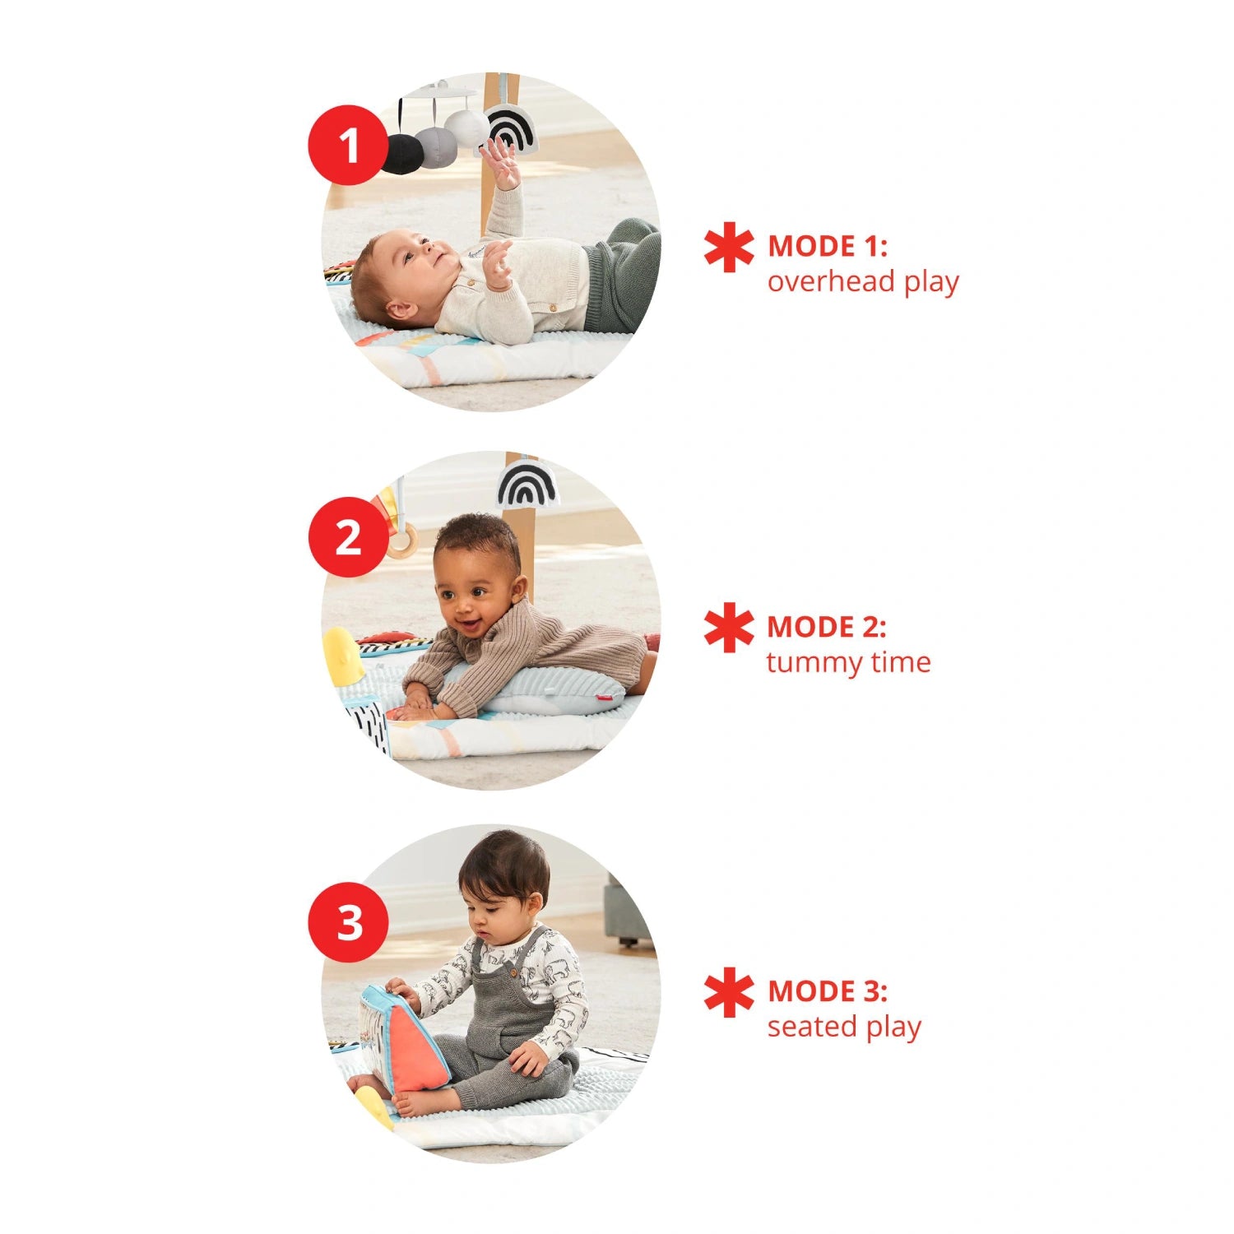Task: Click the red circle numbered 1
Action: click(x=348, y=145)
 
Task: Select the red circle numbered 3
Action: click(x=348, y=921)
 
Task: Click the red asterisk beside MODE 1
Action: click(x=729, y=247)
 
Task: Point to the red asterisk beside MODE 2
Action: click(x=729, y=627)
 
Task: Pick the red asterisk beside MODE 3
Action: click(x=729, y=992)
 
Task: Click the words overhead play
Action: click(x=863, y=281)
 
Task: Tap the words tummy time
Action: click(x=848, y=661)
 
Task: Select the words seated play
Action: click(x=844, y=1027)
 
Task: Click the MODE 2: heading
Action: click(x=827, y=627)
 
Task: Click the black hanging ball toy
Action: click(x=401, y=153)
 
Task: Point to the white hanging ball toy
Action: click(x=466, y=128)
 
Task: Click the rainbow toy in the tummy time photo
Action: click(x=527, y=483)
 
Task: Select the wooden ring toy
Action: click(x=401, y=540)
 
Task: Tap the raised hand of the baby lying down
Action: click(x=501, y=160)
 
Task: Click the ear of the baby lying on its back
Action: click(x=401, y=310)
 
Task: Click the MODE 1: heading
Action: click(x=828, y=247)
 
